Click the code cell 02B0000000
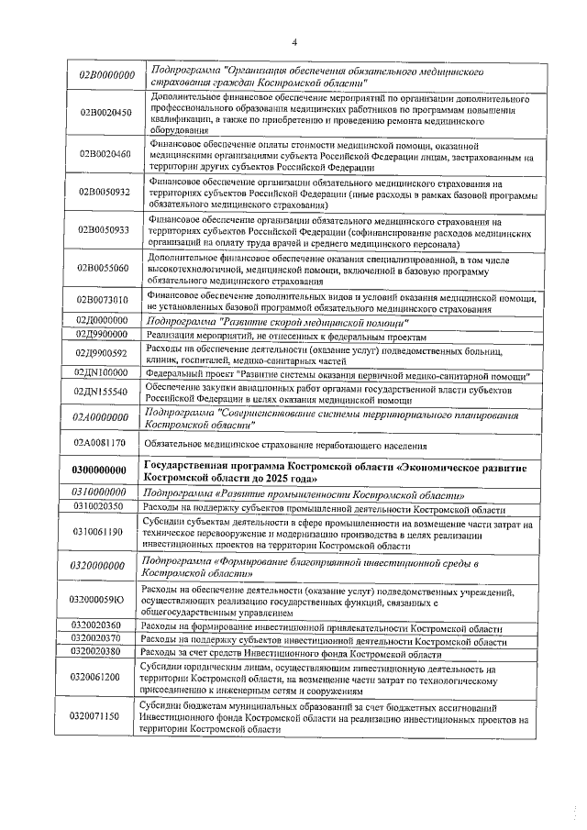click(103, 75)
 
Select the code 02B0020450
click(103, 113)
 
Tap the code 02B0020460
click(103, 153)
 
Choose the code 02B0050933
click(103, 230)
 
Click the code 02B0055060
click(103, 269)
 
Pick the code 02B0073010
click(103, 301)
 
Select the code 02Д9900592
click(103, 353)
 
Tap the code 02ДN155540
click(103, 392)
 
